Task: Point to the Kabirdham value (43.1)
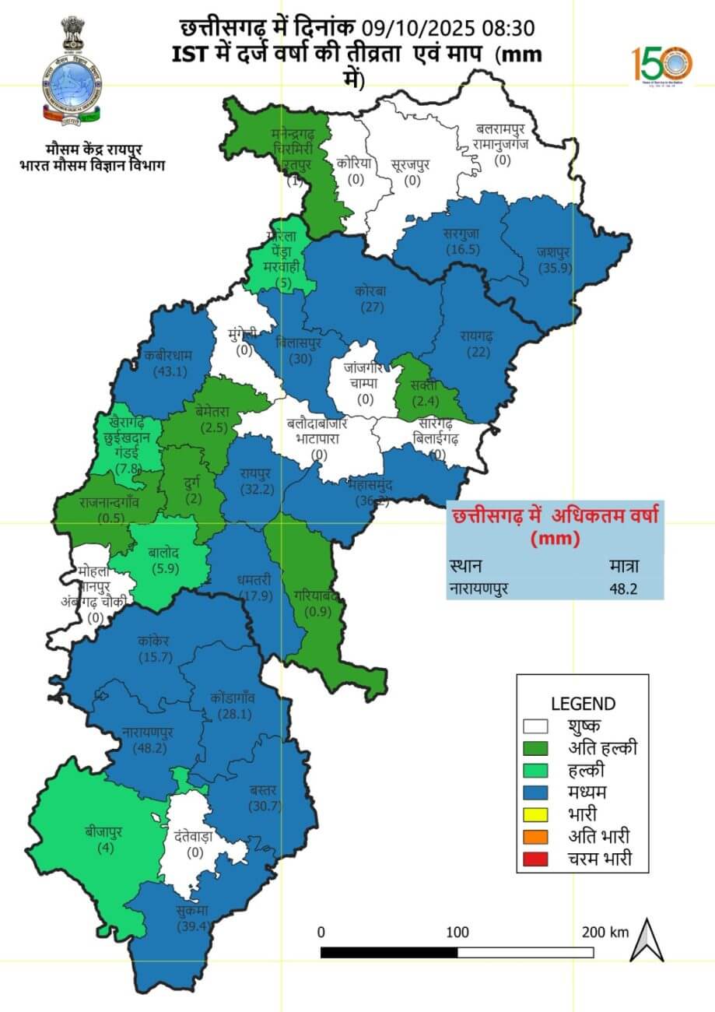[170, 371]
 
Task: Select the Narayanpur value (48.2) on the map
[148, 747]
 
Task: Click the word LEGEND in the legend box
[583, 704]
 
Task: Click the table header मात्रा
[623, 566]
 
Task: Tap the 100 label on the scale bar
[457, 932]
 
